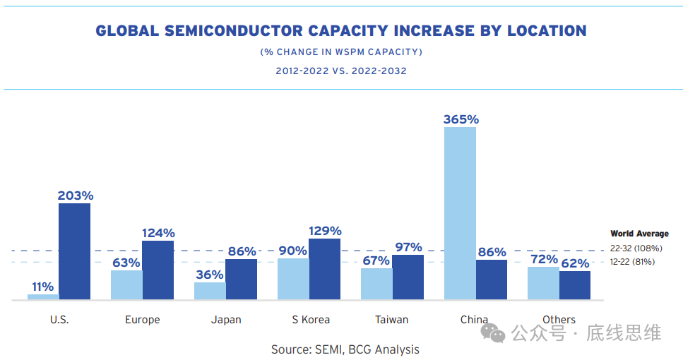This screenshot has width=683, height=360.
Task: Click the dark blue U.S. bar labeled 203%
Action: pyautogui.click(x=74, y=251)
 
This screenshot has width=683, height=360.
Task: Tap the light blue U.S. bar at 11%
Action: pyautogui.click(x=43, y=297)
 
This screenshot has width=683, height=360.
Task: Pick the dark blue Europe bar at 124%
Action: pyautogui.click(x=158, y=270)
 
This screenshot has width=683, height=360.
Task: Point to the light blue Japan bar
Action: pyautogui.click(x=210, y=291)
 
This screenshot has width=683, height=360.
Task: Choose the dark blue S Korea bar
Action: pyautogui.click(x=324, y=269)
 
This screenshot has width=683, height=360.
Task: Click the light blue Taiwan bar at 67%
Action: pyautogui.click(x=376, y=284)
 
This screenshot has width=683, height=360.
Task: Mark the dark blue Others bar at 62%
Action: pyautogui.click(x=575, y=285)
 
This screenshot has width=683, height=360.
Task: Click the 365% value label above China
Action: pyautogui.click(x=461, y=119)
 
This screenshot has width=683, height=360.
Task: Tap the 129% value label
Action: pyautogui.click(x=325, y=231)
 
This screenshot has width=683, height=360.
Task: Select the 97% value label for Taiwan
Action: pyautogui.click(x=408, y=247)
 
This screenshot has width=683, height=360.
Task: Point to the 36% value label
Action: pyautogui.click(x=210, y=275)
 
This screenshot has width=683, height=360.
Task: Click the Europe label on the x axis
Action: pyautogui.click(x=143, y=320)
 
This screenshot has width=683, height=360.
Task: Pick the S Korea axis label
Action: pyautogui.click(x=311, y=320)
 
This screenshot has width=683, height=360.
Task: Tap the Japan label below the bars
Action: pyautogui.click(x=226, y=320)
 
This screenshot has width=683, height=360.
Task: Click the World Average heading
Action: pyautogui.click(x=639, y=234)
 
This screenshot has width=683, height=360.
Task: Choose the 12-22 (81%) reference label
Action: pyautogui.click(x=633, y=262)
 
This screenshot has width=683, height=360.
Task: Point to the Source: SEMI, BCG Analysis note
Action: pyautogui.click(x=345, y=349)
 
